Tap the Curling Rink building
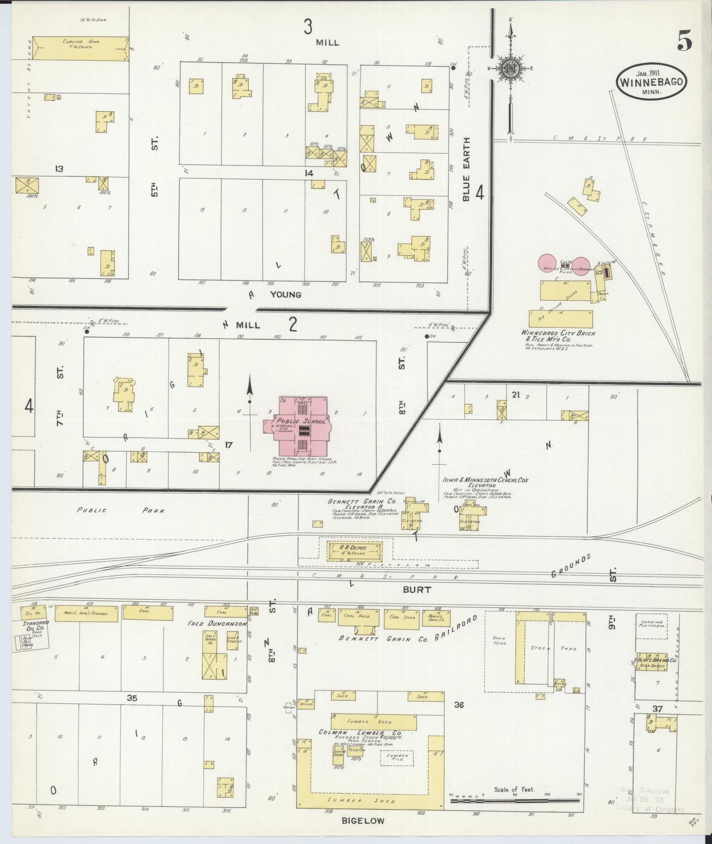pyautogui.click(x=81, y=48)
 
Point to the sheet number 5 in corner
pyautogui.click(x=684, y=40)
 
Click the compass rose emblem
pyautogui.click(x=510, y=70)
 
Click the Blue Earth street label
pyautogui.click(x=466, y=168)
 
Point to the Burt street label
pyautogui.click(x=416, y=588)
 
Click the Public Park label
pyautogui.click(x=121, y=510)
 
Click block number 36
pyautogui.click(x=459, y=705)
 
